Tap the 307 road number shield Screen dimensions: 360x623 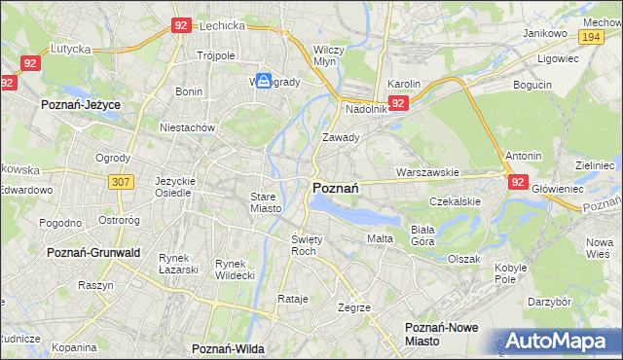pyautogui.click(x=122, y=182)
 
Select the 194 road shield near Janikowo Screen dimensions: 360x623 pyautogui.click(x=590, y=36)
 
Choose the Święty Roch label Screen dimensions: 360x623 pyautogui.click(x=307, y=244)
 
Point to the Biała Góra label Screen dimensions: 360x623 pyautogui.click(x=421, y=235)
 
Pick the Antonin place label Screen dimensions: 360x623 pyautogui.click(x=524, y=156)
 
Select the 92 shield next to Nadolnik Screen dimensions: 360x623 pyautogui.click(x=397, y=102)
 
